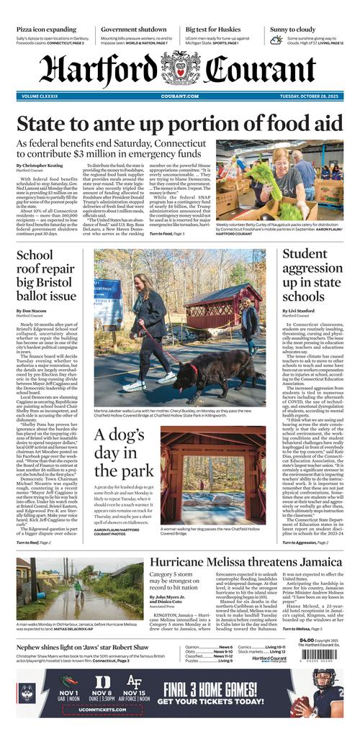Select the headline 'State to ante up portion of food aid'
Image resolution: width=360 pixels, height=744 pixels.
pyautogui.click(x=179, y=123)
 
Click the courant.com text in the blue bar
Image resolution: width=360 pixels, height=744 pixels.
pyautogui.click(x=179, y=96)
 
